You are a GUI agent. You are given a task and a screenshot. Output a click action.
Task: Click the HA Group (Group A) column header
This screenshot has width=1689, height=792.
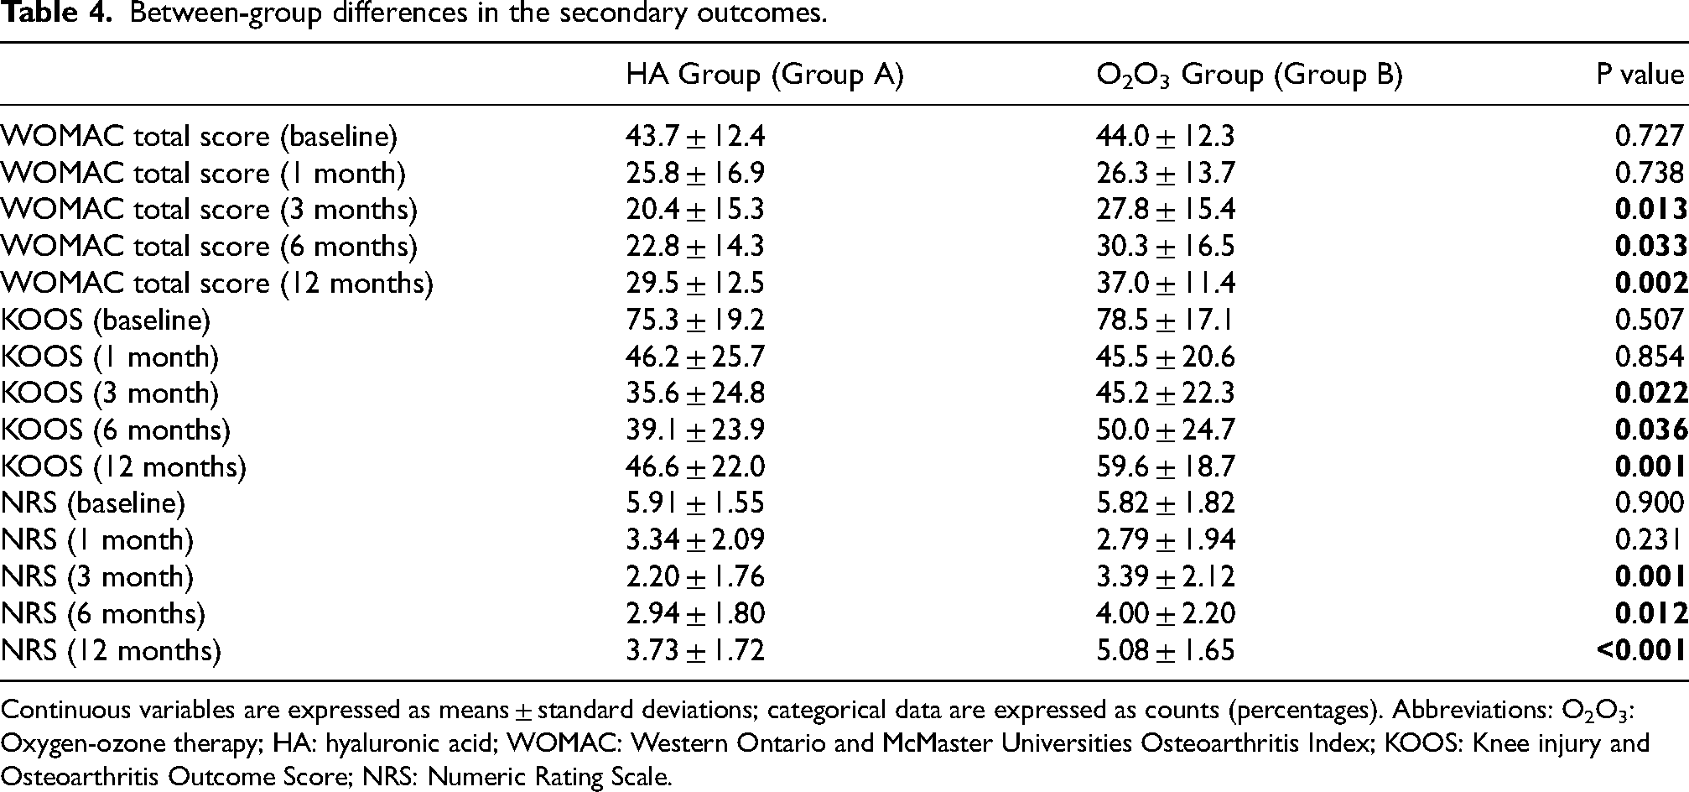pos(765,76)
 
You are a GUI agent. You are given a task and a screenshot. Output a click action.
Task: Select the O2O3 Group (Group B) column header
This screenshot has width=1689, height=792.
pos(1250,76)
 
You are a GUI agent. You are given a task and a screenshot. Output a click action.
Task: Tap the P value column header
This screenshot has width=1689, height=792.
pos(1640,76)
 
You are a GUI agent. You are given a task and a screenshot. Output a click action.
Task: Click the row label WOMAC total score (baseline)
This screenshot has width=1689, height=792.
pos(200,137)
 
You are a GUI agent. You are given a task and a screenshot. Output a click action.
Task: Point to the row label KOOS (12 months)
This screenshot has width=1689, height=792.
pos(124,467)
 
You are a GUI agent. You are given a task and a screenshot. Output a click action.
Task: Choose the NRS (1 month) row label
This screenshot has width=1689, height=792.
pos(97,540)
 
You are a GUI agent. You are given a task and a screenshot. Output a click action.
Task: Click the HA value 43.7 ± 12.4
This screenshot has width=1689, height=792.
pos(695,137)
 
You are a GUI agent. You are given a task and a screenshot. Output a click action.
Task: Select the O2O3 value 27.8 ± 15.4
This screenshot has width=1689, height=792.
pos(1166,210)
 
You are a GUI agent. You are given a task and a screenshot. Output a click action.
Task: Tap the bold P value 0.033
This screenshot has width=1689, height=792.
pos(1651,247)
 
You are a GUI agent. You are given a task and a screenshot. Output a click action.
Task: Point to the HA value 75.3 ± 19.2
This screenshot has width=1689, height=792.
pos(695,320)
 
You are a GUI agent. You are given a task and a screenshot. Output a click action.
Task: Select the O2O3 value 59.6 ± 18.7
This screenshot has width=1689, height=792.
pos(1166,467)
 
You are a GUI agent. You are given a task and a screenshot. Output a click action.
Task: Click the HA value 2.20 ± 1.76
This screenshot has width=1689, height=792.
pos(695,577)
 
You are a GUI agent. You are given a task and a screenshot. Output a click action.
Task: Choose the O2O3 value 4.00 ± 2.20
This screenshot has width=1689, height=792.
pos(1166,614)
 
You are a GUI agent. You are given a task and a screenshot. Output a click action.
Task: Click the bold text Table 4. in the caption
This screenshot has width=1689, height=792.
pos(55,15)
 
